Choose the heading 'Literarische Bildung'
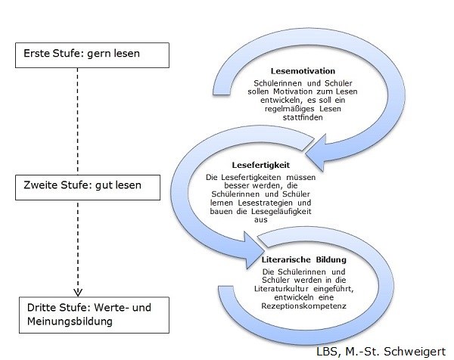(x=296, y=259)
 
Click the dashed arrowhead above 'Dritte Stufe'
(x=76, y=291)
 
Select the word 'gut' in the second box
(x=111, y=184)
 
